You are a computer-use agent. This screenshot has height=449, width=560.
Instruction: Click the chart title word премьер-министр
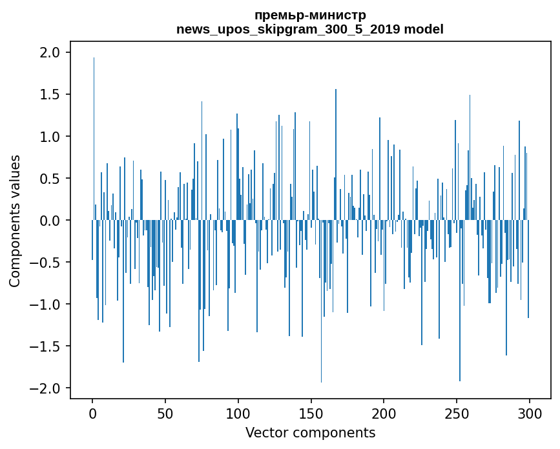coord(310,15)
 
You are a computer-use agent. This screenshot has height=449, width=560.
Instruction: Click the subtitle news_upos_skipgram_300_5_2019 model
coord(310,29)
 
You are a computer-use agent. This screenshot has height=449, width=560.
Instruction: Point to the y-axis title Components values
coord(15,221)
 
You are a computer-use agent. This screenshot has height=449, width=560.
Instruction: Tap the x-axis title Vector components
coord(310,432)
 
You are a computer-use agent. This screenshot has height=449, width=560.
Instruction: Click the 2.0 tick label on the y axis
coord(51,52)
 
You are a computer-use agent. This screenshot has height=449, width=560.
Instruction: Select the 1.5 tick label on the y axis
coord(51,95)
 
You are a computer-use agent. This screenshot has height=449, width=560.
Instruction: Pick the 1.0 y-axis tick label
coord(51,137)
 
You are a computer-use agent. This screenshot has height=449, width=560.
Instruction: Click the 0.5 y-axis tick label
coord(51,179)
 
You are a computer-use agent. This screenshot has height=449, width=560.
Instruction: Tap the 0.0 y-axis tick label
coord(51,221)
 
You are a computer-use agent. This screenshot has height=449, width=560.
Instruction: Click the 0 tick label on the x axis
coord(92,414)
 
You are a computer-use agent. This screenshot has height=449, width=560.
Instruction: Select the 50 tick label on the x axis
coord(165,414)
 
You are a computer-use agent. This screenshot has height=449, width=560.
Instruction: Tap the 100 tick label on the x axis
coord(238,414)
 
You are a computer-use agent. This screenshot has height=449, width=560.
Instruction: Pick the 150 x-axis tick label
coord(311,414)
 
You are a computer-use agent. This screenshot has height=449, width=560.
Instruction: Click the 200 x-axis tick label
coord(384,414)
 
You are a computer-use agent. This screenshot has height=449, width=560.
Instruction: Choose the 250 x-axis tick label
coord(457,414)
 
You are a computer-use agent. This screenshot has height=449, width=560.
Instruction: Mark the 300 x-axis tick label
coord(530,414)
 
